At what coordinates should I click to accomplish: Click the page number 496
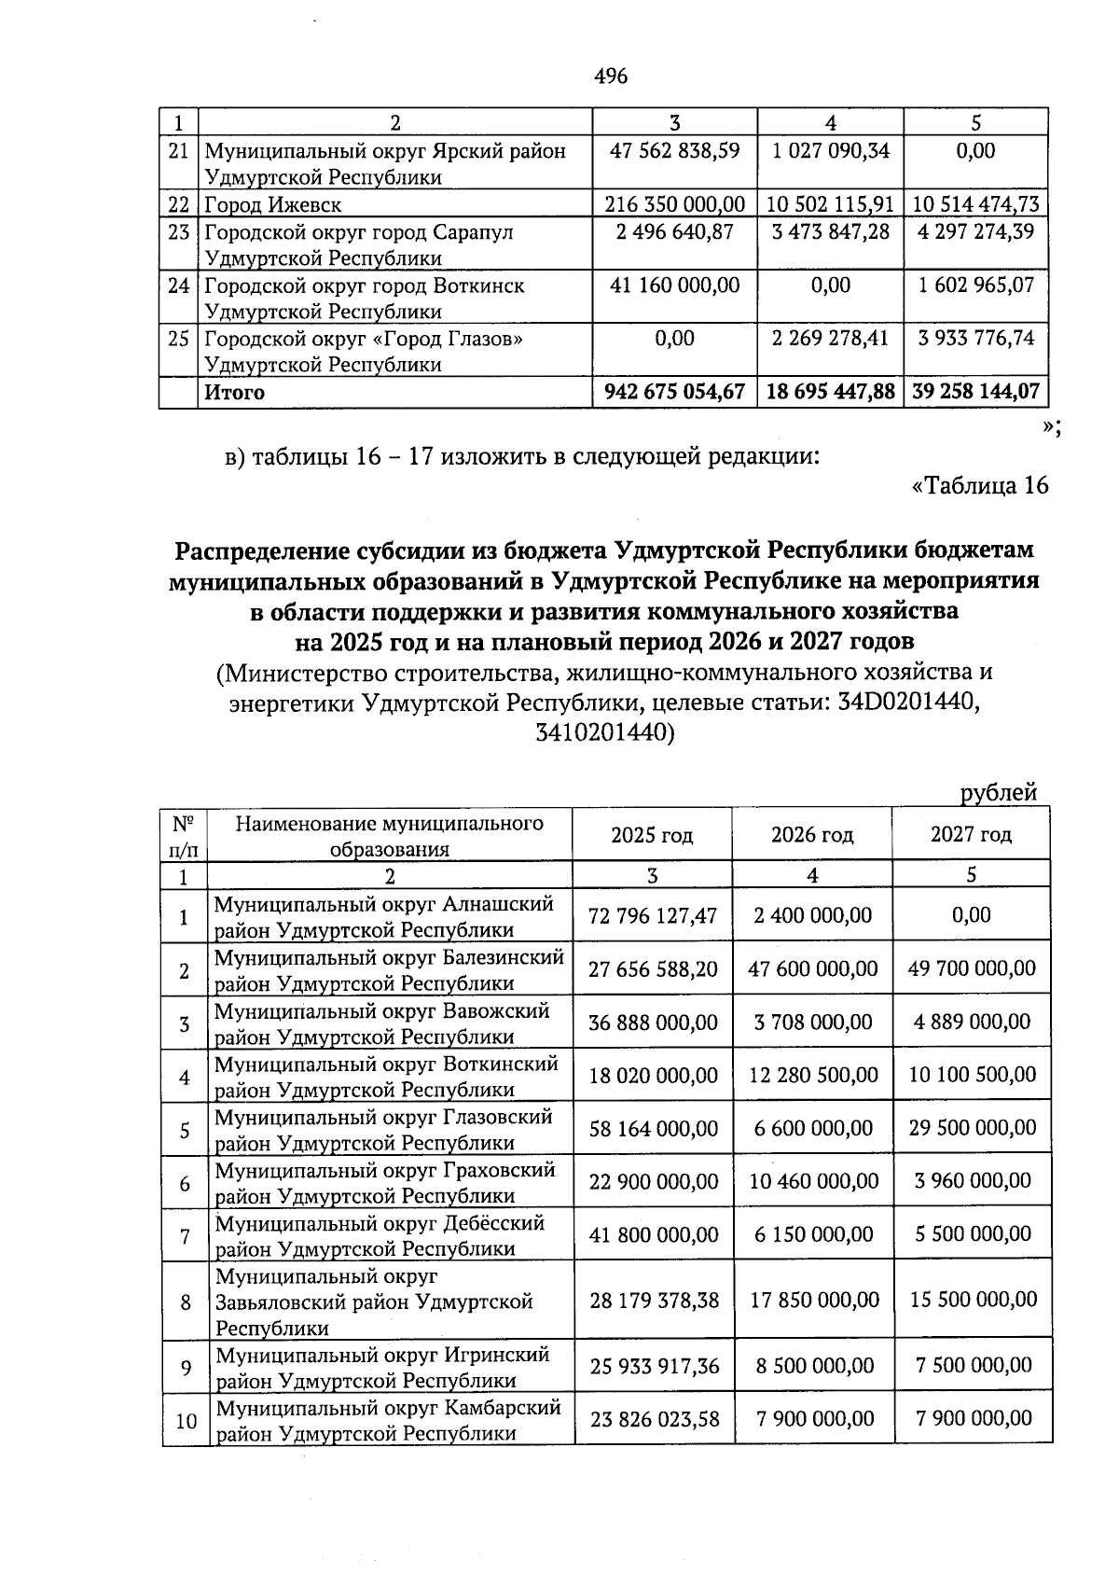pyautogui.click(x=611, y=77)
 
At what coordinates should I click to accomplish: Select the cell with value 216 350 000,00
pyautogui.click(x=675, y=204)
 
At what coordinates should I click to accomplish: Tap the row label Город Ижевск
pyautogui.click(x=273, y=204)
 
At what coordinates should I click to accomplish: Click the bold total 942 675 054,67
pyautogui.click(x=675, y=392)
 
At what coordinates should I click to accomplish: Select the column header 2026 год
pyautogui.click(x=812, y=834)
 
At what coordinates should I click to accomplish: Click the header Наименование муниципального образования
pyautogui.click(x=390, y=835)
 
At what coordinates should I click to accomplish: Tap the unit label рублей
pyautogui.click(x=999, y=793)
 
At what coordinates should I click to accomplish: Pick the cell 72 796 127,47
pyautogui.click(x=653, y=915)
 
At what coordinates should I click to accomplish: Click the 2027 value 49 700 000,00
pyautogui.click(x=972, y=968)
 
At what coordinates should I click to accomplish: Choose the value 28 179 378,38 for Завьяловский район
pyautogui.click(x=654, y=1300)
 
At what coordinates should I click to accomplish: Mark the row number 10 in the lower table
pyautogui.click(x=186, y=1421)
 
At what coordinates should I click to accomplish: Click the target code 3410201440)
pyautogui.click(x=604, y=733)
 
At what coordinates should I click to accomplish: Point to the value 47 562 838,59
pyautogui.click(x=675, y=151)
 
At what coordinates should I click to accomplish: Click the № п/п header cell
pyautogui.click(x=184, y=835)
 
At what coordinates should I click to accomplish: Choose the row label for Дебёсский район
pyautogui.click(x=380, y=1234)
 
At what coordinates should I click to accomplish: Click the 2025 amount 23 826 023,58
pyautogui.click(x=654, y=1419)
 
